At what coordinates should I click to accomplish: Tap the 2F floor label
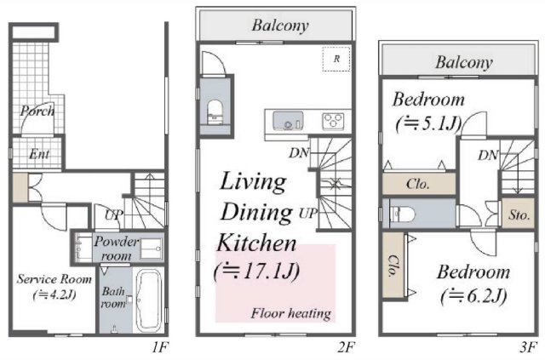pyautogui.click(x=345, y=346)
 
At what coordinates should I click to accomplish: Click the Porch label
pyautogui.click(x=37, y=111)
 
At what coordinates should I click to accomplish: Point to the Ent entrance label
pyautogui.click(x=39, y=154)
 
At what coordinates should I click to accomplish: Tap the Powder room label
pyautogui.click(x=118, y=249)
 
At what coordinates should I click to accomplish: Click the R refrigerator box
pyautogui.click(x=337, y=59)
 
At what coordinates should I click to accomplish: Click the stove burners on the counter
pyautogui.click(x=333, y=120)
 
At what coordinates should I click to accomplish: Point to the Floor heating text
pyautogui.click(x=290, y=313)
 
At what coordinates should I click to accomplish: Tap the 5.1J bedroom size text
pyautogui.click(x=428, y=123)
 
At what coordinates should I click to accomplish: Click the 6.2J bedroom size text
pyautogui.click(x=473, y=296)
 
